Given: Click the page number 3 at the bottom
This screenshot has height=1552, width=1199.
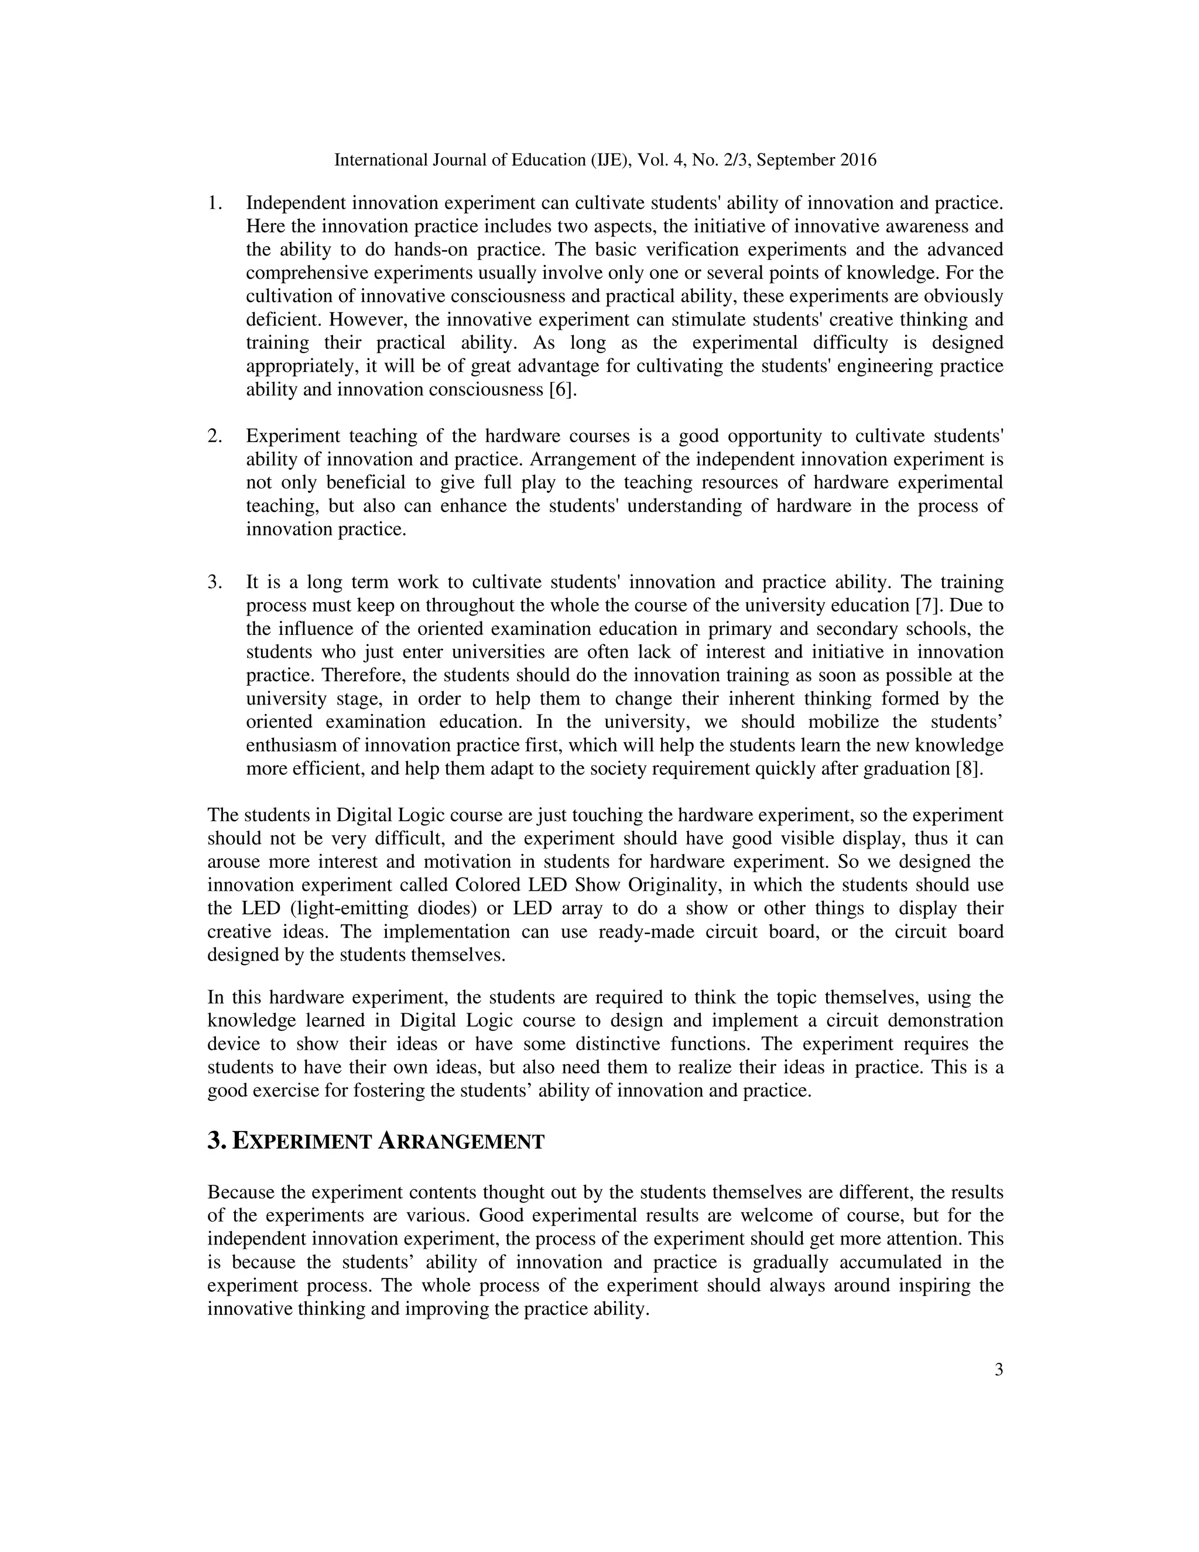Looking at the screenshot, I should [998, 1370].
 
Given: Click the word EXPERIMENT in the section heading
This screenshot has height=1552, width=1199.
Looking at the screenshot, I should [303, 1142].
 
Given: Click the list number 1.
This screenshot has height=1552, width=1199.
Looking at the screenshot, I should [214, 203].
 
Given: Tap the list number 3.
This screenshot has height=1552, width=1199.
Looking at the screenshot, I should [214, 583].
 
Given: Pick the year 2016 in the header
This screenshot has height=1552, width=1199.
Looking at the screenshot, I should [858, 160].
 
